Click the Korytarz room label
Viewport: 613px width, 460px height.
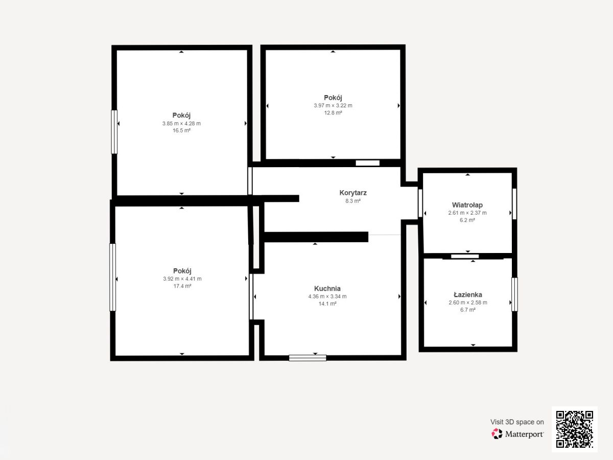(x=353, y=193)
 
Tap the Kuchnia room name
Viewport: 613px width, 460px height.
(x=327, y=288)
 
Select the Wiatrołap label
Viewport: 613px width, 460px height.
(x=467, y=205)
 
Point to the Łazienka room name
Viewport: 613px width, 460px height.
(x=468, y=294)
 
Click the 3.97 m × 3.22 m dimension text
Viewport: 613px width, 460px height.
(x=333, y=106)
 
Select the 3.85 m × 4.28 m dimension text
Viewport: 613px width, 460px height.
(x=181, y=124)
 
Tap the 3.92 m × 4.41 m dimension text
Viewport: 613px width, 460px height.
(x=182, y=279)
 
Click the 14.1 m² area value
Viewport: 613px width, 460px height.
(x=327, y=304)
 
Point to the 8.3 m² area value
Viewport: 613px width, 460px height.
(x=353, y=201)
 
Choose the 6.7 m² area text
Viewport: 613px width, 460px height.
(x=468, y=310)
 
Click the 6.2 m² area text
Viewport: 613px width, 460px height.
(x=467, y=220)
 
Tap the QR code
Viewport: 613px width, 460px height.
(x=575, y=429)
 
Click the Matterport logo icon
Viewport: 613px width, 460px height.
(x=497, y=434)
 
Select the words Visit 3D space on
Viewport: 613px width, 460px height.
(x=517, y=422)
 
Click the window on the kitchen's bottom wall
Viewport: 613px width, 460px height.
(x=308, y=358)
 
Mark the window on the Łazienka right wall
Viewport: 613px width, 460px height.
(x=514, y=294)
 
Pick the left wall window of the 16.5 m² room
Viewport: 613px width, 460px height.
(x=114, y=132)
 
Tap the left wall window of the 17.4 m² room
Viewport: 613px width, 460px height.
(x=112, y=278)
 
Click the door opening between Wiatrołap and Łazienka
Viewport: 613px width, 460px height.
(x=465, y=256)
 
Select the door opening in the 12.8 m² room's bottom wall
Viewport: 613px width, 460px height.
(x=367, y=163)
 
